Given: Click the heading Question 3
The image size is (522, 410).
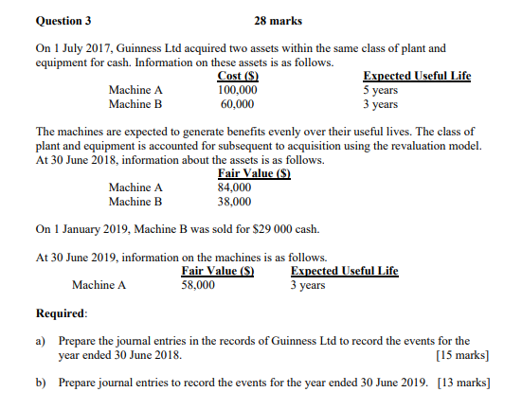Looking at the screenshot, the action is tap(64, 19).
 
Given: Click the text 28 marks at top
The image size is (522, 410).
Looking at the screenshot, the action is tap(280, 19).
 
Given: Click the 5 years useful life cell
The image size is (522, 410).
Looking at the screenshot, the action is tap(381, 91).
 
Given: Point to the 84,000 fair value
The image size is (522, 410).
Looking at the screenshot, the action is tap(235, 187).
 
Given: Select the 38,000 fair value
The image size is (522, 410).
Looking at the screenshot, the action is tap(235, 201).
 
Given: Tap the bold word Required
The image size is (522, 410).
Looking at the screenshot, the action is tap(61, 313).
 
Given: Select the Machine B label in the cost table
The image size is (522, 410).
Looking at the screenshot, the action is tap(135, 104).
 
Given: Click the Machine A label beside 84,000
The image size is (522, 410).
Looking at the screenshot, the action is tap(135, 187).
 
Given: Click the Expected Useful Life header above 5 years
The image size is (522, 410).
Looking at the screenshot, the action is tap(417, 77).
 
